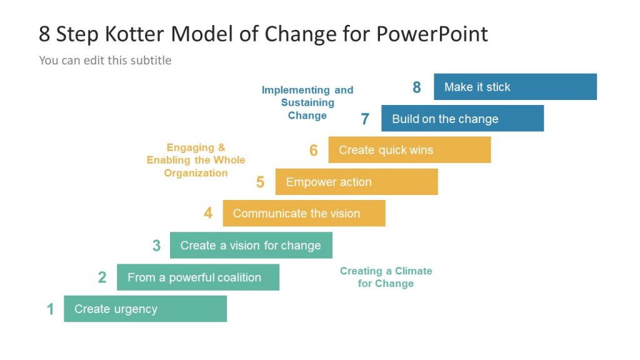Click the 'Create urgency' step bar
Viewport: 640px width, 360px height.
click(x=145, y=309)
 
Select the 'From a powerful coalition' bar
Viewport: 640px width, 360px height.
click(x=197, y=277)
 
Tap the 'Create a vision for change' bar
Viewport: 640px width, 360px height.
click(x=251, y=246)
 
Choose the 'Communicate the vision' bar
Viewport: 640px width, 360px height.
click(x=304, y=214)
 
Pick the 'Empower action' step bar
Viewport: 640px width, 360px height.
click(x=356, y=182)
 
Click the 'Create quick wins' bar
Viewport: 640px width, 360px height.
click(x=409, y=150)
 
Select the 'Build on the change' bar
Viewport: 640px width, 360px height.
click(x=462, y=119)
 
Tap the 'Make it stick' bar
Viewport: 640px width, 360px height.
click(x=515, y=87)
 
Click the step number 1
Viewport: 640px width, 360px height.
click(x=51, y=309)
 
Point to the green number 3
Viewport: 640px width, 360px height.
click(x=156, y=246)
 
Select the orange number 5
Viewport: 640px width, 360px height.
click(x=261, y=182)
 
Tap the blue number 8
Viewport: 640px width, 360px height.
click(x=417, y=87)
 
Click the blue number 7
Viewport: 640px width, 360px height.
click(x=365, y=119)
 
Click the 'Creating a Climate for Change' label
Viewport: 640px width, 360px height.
click(x=386, y=277)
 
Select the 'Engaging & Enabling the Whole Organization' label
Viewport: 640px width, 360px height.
click(x=196, y=161)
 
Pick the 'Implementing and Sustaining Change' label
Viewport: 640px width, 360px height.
click(x=307, y=102)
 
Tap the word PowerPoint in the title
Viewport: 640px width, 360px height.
click(x=432, y=34)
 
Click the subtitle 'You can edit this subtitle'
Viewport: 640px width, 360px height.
click(x=105, y=61)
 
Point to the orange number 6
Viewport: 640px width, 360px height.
click(x=314, y=151)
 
